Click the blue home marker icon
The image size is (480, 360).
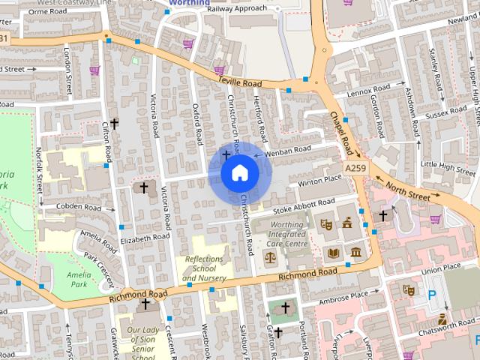click(x=239, y=173)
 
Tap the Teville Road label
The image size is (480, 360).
click(x=239, y=82)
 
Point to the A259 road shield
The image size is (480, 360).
click(x=355, y=167)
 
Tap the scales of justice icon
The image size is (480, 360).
click(x=270, y=256)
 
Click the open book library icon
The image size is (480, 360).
click(x=333, y=252)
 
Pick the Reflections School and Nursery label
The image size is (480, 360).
click(x=204, y=268)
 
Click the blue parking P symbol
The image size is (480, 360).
click(x=431, y=295)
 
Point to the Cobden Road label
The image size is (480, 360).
click(x=80, y=207)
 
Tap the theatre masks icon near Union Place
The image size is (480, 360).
click(x=409, y=289)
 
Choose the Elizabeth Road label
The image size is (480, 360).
click(x=145, y=238)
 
